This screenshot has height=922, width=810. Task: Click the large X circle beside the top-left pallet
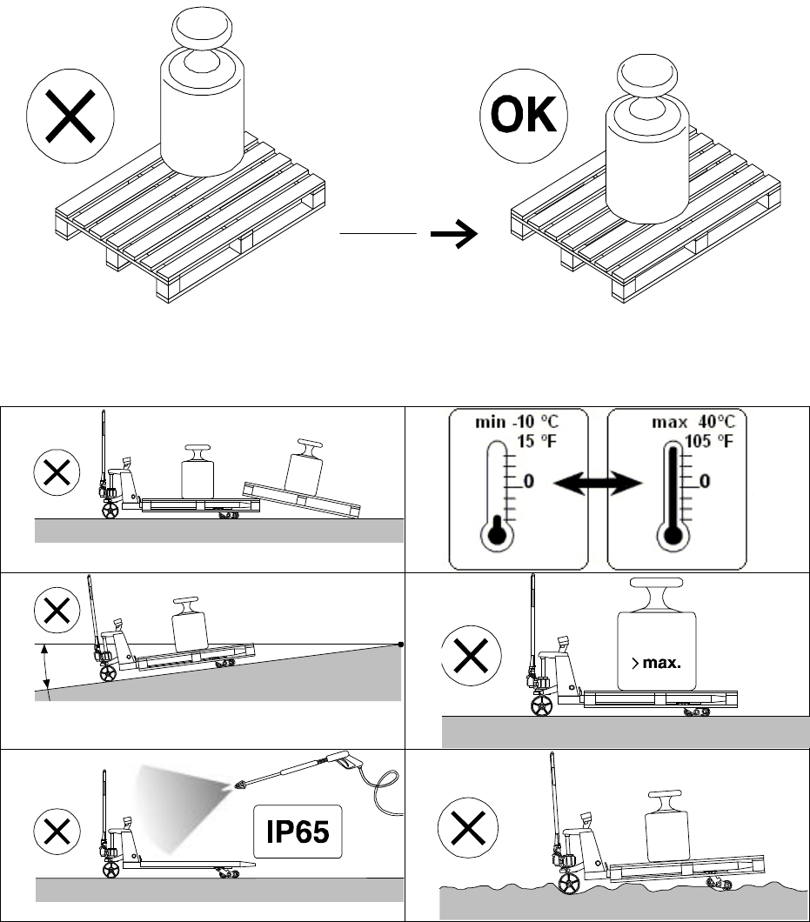pyautogui.click(x=70, y=116)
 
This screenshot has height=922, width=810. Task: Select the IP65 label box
pyautogui.click(x=298, y=832)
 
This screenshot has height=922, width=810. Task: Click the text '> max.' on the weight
pyautogui.click(x=656, y=664)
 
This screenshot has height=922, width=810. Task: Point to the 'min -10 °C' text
pyautogui.click(x=517, y=422)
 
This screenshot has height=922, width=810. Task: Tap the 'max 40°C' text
pyautogui.click(x=693, y=422)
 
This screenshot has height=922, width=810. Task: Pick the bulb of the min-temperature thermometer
pyautogui.click(x=497, y=535)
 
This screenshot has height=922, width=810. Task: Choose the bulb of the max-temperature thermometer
pyautogui.click(x=673, y=535)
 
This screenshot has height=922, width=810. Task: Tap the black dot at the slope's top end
pyautogui.click(x=401, y=645)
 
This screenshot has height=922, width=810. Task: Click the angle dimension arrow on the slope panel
pyautogui.click(x=45, y=667)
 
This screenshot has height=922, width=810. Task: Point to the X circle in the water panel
pyautogui.click(x=468, y=827)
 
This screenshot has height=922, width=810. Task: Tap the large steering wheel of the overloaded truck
pyautogui.click(x=541, y=705)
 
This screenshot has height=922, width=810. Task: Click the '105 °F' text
pyautogui.click(x=709, y=441)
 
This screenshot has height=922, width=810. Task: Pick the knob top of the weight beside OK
pyautogui.click(x=647, y=76)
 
